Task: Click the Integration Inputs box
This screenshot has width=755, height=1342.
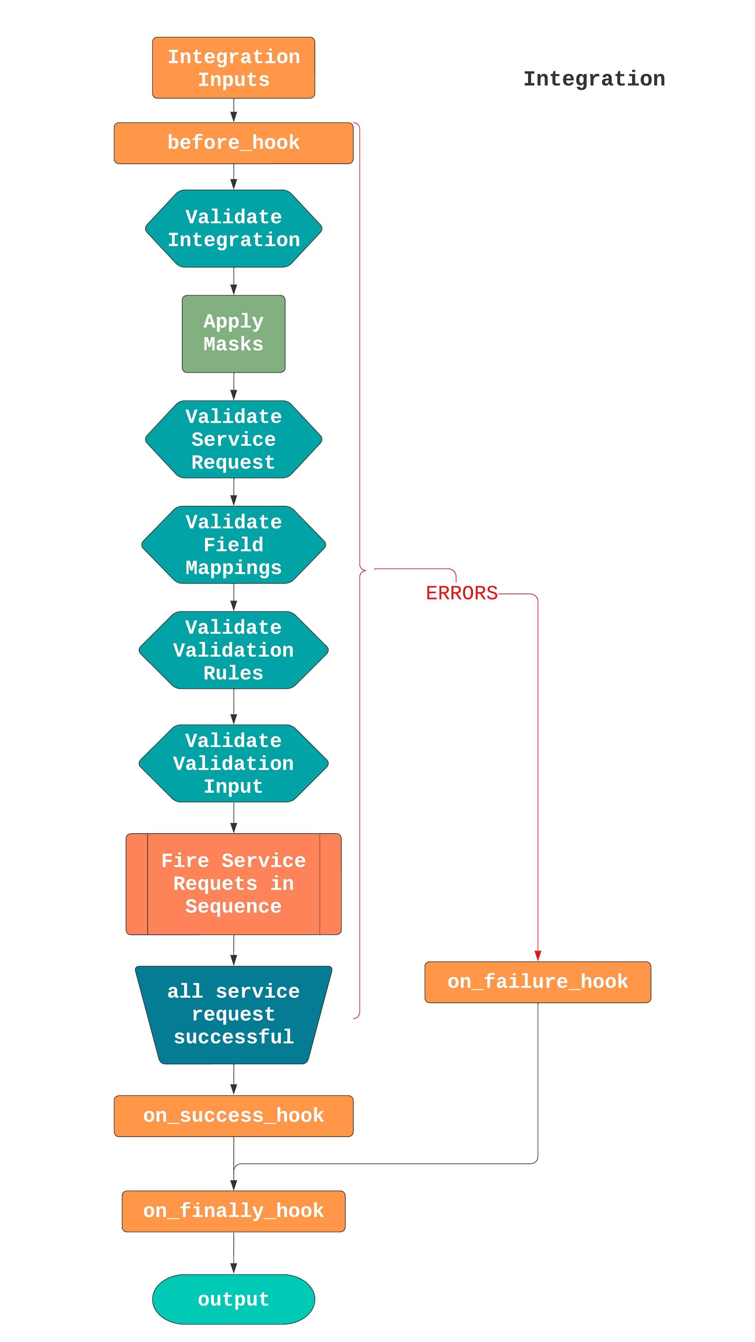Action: point(233,68)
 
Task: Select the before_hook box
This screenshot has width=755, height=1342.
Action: point(233,143)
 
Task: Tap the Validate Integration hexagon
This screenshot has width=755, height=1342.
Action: point(233,228)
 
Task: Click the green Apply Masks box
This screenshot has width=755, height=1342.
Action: point(233,333)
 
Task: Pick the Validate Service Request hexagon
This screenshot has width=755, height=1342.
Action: point(233,439)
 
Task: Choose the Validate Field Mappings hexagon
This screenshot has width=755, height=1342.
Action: point(233,544)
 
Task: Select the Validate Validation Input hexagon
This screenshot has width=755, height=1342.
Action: point(233,763)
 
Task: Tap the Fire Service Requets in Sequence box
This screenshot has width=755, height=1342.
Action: point(233,884)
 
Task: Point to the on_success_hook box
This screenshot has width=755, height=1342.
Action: point(233,1115)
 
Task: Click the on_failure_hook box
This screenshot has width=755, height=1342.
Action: point(537,982)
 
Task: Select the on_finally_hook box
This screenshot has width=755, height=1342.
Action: point(233,1211)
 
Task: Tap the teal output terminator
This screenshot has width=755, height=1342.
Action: point(233,1299)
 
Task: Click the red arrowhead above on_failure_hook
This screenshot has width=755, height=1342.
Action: point(538,955)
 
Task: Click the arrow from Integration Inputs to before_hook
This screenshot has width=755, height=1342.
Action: point(233,111)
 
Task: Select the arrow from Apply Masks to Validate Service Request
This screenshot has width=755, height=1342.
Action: point(233,387)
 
